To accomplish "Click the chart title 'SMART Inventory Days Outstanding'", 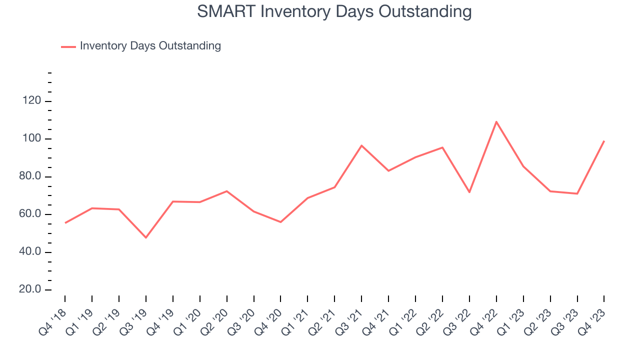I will (x=334, y=11).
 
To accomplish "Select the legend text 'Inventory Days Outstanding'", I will (x=150, y=46).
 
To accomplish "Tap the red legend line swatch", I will (x=68, y=46).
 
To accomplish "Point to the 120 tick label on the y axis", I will (x=31, y=101).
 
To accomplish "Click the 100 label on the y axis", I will (x=31, y=139).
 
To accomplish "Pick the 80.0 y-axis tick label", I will (x=30, y=177).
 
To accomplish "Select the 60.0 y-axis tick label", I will (x=30, y=214).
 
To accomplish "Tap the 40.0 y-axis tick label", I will (x=30, y=252).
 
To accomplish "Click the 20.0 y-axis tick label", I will (x=30, y=290).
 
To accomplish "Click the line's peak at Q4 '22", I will (x=496, y=121).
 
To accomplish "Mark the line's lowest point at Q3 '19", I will (x=146, y=237).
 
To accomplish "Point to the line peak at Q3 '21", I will (x=361, y=145).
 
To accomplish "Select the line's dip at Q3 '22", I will (x=469, y=192).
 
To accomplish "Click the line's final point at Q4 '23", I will (x=604, y=141).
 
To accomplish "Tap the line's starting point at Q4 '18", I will (x=65, y=223).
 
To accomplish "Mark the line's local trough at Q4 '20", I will (x=280, y=222).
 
